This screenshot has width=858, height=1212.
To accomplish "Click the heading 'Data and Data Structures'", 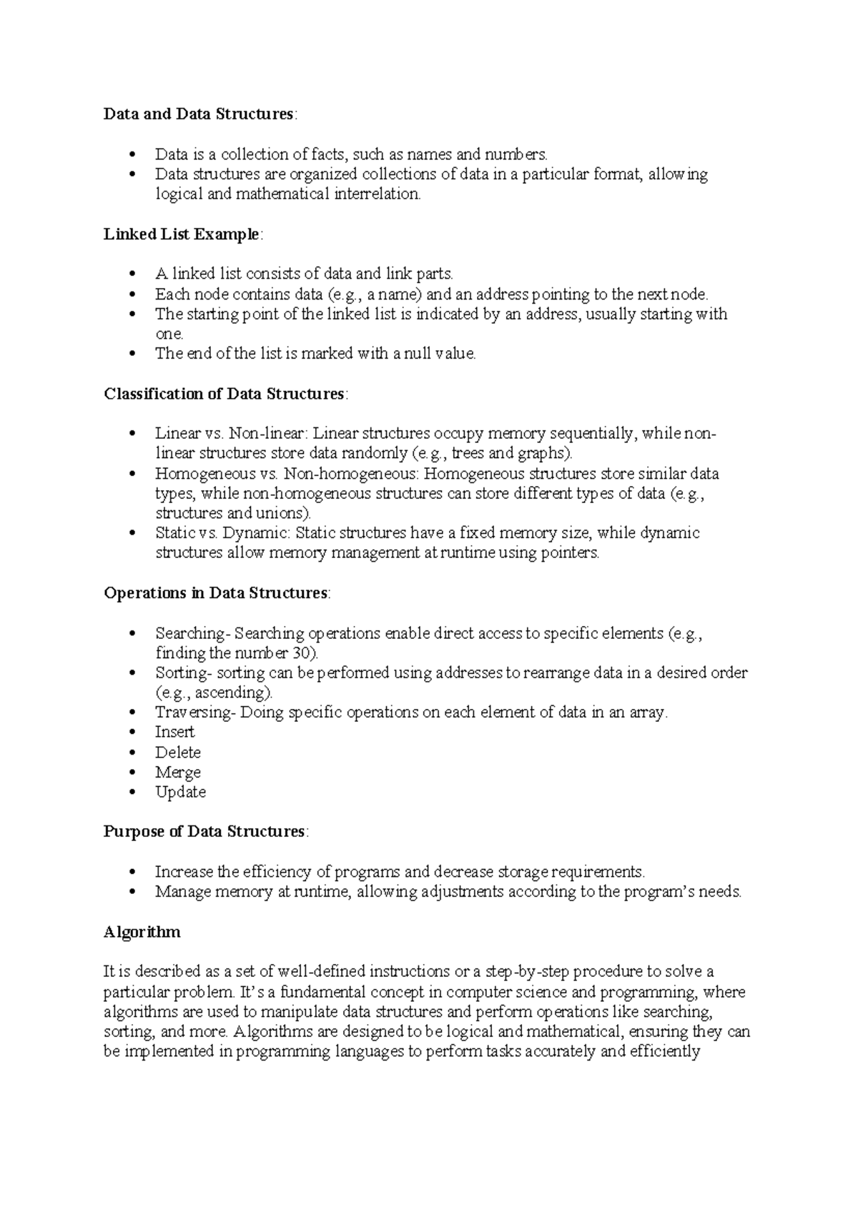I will pyautogui.click(x=198, y=114).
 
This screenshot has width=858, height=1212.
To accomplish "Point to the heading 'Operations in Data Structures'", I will pyautogui.click(x=216, y=593).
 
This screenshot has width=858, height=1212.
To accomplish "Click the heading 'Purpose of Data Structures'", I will pyautogui.click(x=204, y=832).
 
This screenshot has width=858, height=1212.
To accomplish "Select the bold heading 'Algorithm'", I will pyautogui.click(x=142, y=933).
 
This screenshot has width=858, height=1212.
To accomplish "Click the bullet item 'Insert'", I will pyautogui.click(x=174, y=732).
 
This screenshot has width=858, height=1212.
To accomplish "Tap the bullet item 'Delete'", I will pyautogui.click(x=177, y=752).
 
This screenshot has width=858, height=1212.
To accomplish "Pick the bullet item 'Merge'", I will pyautogui.click(x=177, y=773).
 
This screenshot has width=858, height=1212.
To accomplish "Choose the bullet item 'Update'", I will pyautogui.click(x=180, y=793).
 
